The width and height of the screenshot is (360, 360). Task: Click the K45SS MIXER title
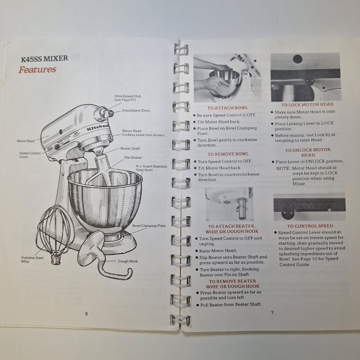45,59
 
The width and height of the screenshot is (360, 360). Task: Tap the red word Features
37,70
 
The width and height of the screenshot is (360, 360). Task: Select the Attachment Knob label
136,110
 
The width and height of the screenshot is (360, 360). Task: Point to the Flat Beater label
133,157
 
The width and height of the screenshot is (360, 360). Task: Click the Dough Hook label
128,261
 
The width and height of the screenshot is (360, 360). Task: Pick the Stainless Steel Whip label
32,259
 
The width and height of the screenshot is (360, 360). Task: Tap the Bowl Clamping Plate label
149,226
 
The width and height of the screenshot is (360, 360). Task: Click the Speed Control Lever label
30,155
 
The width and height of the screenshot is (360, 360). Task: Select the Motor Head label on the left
26,141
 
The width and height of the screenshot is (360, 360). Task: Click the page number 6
86,314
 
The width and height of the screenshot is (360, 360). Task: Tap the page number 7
272,312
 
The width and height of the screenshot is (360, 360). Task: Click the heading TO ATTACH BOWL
227,108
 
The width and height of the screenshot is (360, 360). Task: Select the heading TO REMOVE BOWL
228,154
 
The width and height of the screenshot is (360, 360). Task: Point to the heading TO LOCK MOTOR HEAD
307,105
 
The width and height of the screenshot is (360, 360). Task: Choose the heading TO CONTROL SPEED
310,226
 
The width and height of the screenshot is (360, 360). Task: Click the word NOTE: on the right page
283,168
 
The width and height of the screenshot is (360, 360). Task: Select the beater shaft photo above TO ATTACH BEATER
229,204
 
